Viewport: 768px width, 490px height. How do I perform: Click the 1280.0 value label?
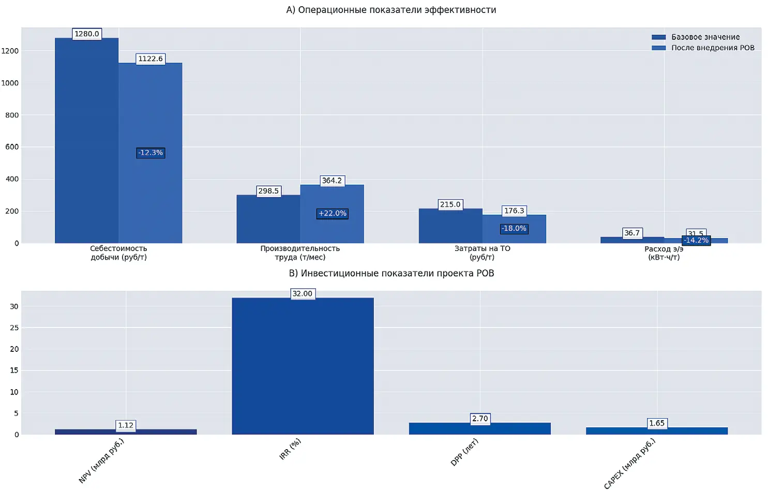point(86,34)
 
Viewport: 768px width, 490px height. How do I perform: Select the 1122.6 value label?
point(150,59)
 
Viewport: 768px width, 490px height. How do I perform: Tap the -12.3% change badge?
point(150,153)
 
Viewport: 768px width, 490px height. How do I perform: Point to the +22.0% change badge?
point(333,213)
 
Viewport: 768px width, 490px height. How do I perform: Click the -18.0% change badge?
point(514,228)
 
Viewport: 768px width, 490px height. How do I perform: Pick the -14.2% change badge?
point(696,240)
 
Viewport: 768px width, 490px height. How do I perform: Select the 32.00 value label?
point(303,294)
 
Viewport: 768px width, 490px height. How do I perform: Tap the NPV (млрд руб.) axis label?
point(101,461)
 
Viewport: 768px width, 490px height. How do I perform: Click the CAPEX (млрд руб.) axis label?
point(629,463)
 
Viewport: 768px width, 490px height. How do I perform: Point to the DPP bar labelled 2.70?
point(479,428)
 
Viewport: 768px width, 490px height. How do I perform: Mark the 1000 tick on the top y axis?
point(10,83)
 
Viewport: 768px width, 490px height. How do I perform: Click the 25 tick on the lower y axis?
point(14,328)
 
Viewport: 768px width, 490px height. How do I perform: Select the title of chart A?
point(391,10)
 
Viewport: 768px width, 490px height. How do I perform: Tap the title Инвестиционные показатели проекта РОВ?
point(391,273)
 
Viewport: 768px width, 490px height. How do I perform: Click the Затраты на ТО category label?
point(482,253)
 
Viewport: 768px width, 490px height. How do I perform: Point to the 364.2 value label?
point(332,181)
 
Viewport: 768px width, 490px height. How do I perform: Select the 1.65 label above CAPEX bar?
point(657,423)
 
